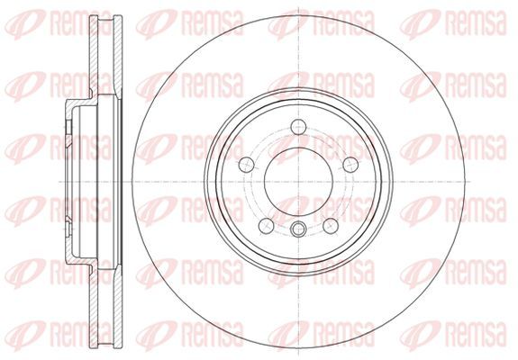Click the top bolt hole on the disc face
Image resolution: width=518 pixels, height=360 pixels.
(298, 127)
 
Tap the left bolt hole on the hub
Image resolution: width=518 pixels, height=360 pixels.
(246, 165)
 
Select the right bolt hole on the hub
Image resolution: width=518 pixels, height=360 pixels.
(350, 165)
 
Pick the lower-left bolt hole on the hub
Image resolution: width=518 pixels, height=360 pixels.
(266, 226)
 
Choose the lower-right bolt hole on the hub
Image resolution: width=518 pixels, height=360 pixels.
(331, 226)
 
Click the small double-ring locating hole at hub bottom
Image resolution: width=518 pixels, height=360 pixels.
(298, 229)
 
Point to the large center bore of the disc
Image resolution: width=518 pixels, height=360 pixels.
(298, 182)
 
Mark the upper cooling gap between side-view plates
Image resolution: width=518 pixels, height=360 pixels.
(105, 56)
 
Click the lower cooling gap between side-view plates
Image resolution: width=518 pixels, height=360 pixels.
(105, 308)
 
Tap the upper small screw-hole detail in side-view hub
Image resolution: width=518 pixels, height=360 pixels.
(68, 127)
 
